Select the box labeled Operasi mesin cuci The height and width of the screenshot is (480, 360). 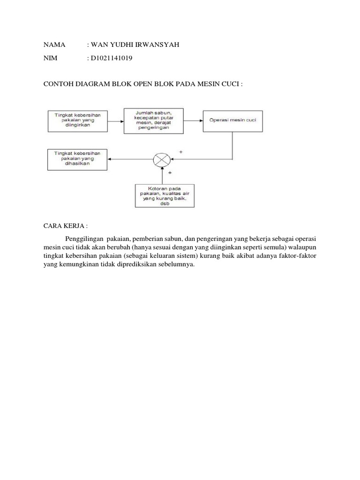pos(232,120)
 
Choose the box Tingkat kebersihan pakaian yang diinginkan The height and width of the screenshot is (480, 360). pos(77,121)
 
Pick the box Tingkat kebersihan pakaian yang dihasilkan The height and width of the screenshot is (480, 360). pos(77,160)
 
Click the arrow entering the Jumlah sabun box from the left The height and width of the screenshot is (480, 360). pos(116,121)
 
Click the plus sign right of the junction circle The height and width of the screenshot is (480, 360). pos(180,152)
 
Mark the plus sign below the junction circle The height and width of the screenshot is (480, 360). pos(169,173)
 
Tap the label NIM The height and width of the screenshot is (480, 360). pos(50,58)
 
